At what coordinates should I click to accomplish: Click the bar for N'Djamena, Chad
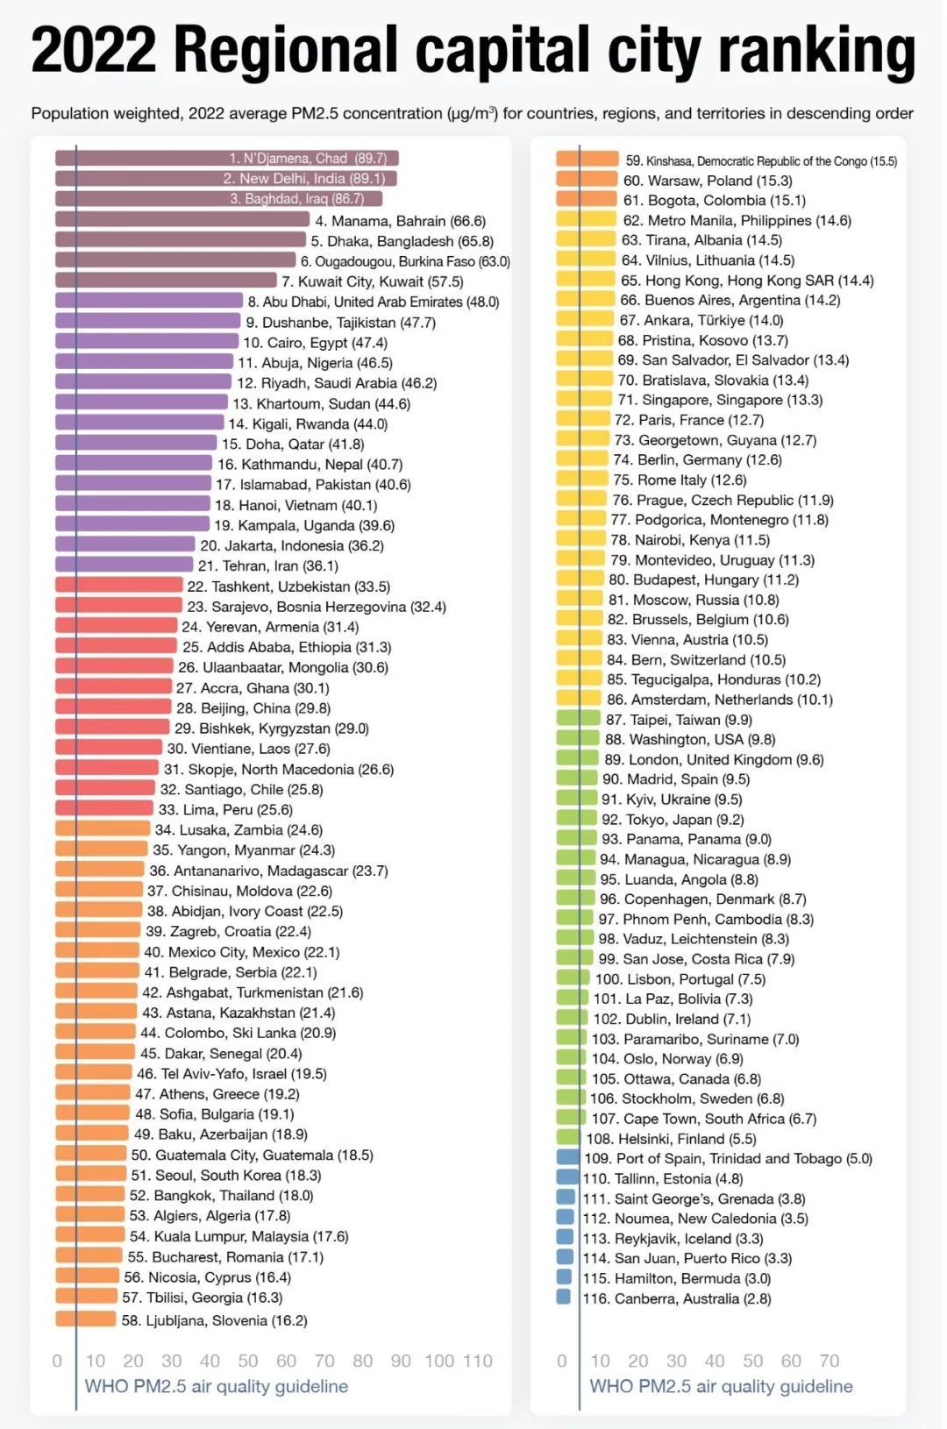[x=140, y=159]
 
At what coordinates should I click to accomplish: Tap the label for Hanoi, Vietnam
[x=295, y=505]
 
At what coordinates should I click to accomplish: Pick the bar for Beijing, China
[x=113, y=707]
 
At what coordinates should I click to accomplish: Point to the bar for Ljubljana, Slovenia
[x=85, y=1319]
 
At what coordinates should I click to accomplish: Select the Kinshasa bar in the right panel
[x=587, y=160]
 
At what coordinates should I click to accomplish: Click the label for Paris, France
[x=689, y=420]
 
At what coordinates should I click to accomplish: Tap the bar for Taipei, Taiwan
[x=578, y=719]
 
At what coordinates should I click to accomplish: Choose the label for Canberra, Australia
[x=677, y=1298]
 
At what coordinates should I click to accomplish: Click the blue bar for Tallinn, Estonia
[x=568, y=1178]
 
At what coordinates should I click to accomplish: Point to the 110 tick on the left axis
[x=478, y=1361]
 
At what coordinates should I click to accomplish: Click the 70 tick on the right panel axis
[x=830, y=1361]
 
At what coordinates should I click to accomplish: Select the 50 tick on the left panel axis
[x=248, y=1361]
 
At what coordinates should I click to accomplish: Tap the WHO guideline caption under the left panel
[x=216, y=1387]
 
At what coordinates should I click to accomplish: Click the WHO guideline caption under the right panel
[x=721, y=1387]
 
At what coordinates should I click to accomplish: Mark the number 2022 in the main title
[x=93, y=51]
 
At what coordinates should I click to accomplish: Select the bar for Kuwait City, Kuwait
[x=166, y=281]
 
